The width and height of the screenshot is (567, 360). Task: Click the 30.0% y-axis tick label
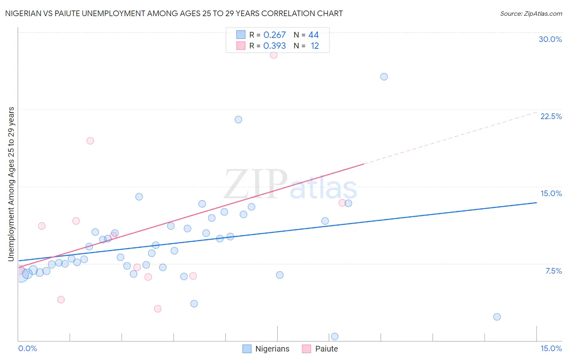[x=550, y=39]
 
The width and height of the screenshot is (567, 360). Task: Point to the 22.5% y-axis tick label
[x=551, y=116]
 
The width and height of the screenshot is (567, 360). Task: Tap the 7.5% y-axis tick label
[x=553, y=271]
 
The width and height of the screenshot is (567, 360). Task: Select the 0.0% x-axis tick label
[x=27, y=348]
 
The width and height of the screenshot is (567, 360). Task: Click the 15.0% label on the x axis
[x=551, y=348]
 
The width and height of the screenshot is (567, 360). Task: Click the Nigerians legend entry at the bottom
[x=266, y=349]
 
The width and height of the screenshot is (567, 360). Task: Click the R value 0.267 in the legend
[x=275, y=35]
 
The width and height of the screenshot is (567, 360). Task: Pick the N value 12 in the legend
[x=315, y=46]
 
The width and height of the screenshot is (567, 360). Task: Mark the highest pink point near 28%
[x=273, y=55]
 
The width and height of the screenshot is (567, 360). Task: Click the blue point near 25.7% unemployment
[x=384, y=77]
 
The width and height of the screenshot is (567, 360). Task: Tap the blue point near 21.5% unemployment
[x=238, y=119]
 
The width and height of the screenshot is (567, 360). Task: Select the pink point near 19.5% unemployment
[x=90, y=141]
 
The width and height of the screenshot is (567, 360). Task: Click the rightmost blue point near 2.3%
[x=497, y=317]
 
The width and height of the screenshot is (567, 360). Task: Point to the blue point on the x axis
[x=334, y=337]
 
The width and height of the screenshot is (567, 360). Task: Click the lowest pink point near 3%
[x=158, y=309]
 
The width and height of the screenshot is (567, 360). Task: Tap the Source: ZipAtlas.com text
[x=531, y=14]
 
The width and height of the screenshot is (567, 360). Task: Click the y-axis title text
[x=11, y=184]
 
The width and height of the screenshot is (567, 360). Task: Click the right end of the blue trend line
[x=536, y=203]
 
